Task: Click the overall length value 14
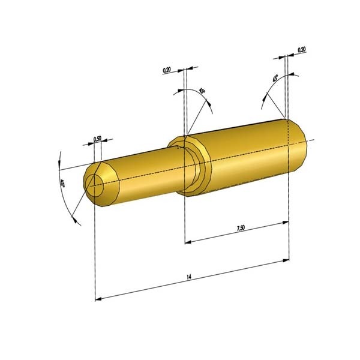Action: pos(189,277)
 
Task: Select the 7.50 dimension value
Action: pos(240,229)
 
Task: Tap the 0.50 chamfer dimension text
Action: pos(97,139)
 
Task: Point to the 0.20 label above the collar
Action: pos(167,70)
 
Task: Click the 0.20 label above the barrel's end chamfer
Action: pos(301,49)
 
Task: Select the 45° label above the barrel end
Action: pos(275,79)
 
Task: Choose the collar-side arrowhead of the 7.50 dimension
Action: pos(188,242)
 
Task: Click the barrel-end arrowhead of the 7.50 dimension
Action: pos(286,223)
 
